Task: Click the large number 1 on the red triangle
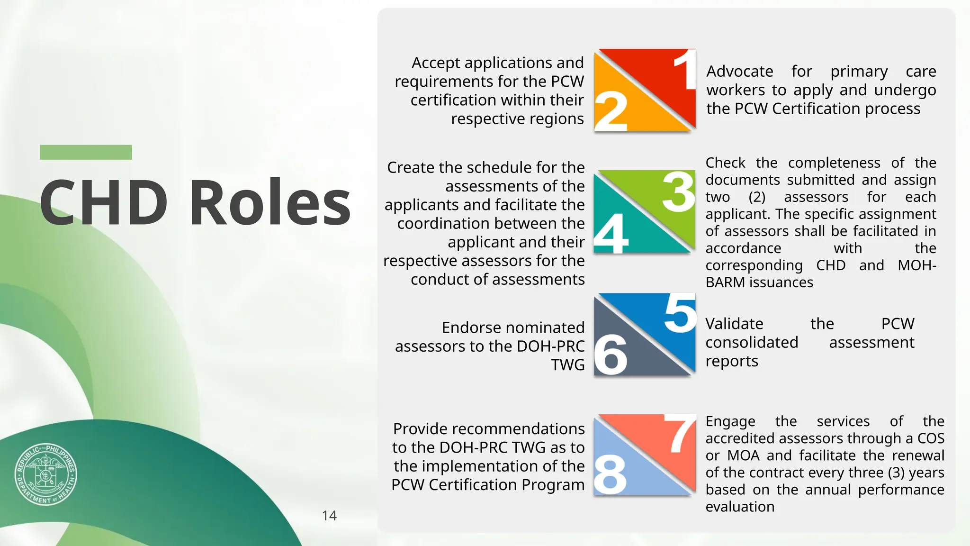685,70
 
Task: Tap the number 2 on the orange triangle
611,110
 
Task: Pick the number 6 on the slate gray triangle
611,354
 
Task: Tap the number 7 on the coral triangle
680,433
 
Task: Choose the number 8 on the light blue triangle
610,474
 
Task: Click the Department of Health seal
45,474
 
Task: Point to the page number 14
329,516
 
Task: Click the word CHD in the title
104,202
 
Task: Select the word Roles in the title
270,202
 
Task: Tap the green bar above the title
86,152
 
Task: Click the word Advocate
740,71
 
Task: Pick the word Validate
734,324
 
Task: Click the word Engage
730,421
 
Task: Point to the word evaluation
740,507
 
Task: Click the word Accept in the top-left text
436,63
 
